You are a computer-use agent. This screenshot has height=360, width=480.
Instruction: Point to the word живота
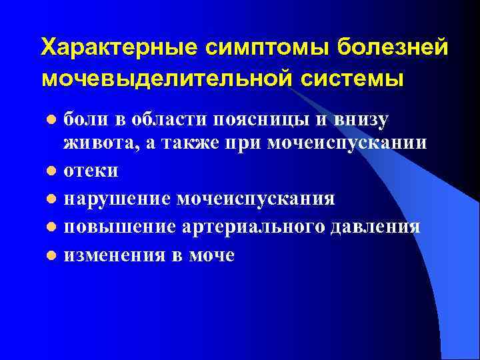tap(95, 143)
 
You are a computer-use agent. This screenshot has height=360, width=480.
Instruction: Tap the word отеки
tap(91, 171)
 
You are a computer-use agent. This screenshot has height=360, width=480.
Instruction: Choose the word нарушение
tap(119, 199)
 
